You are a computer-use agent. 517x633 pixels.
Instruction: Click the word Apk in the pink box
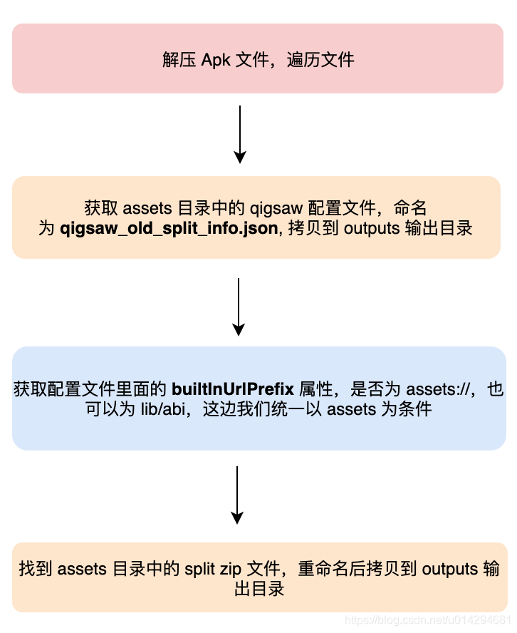(x=216, y=59)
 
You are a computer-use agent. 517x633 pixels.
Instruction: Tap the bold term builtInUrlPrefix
(x=233, y=389)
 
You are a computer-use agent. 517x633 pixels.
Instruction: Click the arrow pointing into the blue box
(x=239, y=307)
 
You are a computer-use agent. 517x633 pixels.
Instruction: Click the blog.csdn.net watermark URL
(x=428, y=620)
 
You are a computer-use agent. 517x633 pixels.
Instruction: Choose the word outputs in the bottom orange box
(x=449, y=569)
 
